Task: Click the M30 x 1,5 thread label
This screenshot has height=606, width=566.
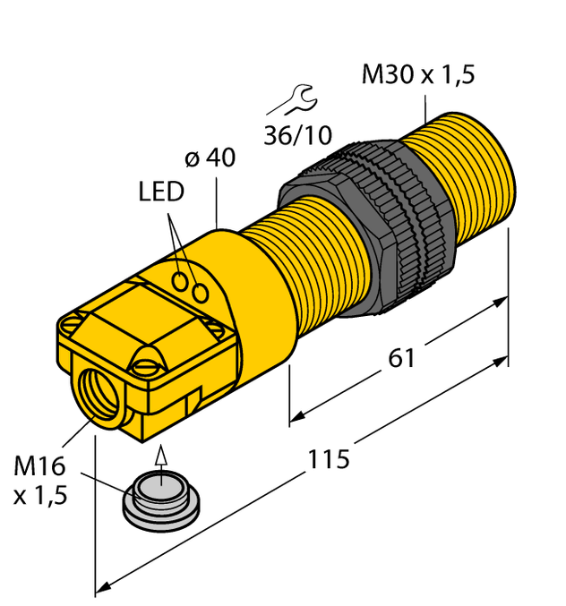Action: (417, 75)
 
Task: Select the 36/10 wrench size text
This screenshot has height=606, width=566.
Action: (298, 136)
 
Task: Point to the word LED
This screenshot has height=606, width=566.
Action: (161, 192)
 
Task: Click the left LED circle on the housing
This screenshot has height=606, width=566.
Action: (183, 283)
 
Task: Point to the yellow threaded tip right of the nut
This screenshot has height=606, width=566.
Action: (466, 170)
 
